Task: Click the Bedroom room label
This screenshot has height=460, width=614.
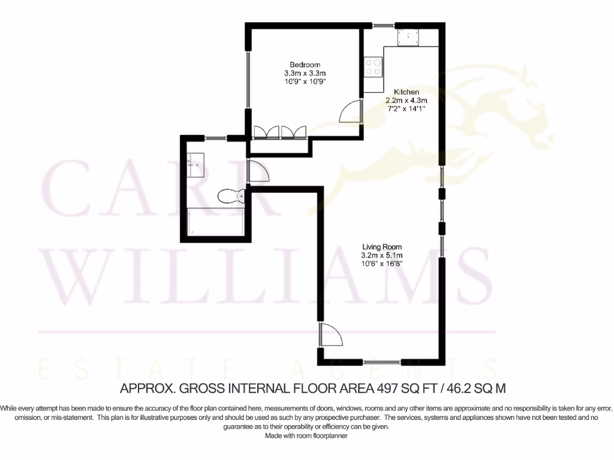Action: pyautogui.click(x=305, y=65)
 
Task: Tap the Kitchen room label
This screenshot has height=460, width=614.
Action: pyautogui.click(x=402, y=92)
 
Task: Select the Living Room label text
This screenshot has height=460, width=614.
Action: pyautogui.click(x=381, y=247)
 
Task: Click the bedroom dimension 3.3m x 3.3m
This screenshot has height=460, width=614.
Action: pyautogui.click(x=305, y=73)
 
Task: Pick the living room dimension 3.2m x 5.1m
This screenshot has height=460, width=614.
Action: pyautogui.click(x=381, y=255)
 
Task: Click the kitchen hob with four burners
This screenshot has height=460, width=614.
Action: pyautogui.click(x=373, y=66)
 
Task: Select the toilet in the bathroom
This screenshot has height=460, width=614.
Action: pyautogui.click(x=230, y=196)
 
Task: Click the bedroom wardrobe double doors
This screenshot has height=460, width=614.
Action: pyautogui.click(x=281, y=132)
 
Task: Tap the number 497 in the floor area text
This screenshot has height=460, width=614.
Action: pyautogui.click(x=388, y=388)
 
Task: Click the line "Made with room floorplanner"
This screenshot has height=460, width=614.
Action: pyautogui.click(x=306, y=436)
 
